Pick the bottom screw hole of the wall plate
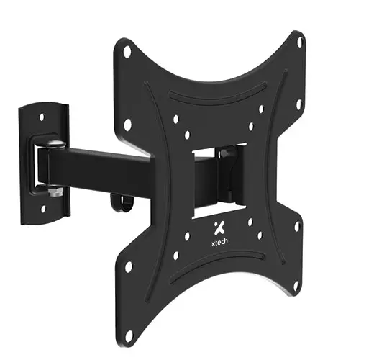coord(42,208)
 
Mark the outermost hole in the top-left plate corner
coord(127,52)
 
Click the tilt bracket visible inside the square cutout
coord(227,173)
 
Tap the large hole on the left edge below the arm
coord(129,267)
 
